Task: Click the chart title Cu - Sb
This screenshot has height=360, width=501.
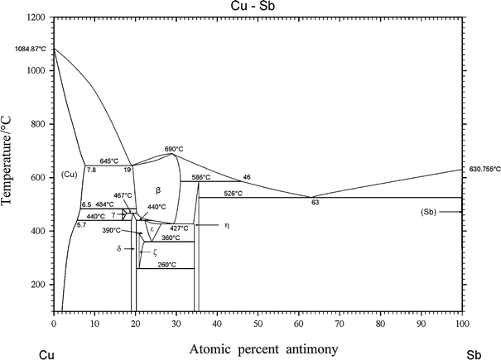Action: coord(258,7)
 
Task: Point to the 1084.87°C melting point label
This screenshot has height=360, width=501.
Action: coord(31,50)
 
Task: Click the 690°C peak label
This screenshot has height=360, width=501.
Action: coord(172,147)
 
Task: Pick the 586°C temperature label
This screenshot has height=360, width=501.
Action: coord(201,177)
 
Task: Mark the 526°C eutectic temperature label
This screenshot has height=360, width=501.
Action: coord(233,193)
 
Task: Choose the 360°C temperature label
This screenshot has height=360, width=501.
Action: coord(171,238)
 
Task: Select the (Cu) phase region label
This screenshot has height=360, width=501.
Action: coord(70,174)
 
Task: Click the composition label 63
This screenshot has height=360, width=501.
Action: coord(315,202)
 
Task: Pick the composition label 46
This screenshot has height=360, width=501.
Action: coord(246,177)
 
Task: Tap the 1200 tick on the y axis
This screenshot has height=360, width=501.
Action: coord(37,17)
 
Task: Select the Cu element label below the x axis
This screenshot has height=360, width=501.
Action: coord(47,354)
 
